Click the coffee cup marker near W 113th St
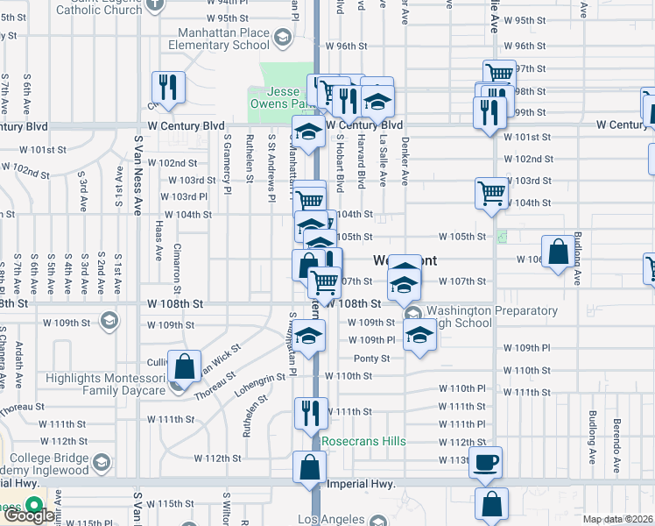[485, 461]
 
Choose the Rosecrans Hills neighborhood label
[363, 441]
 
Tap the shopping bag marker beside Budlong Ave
[558, 252]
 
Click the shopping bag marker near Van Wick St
[184, 367]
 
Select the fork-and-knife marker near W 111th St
[309, 412]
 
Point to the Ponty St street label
[371, 359]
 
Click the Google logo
[28, 515]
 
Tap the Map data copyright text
[618, 519]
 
